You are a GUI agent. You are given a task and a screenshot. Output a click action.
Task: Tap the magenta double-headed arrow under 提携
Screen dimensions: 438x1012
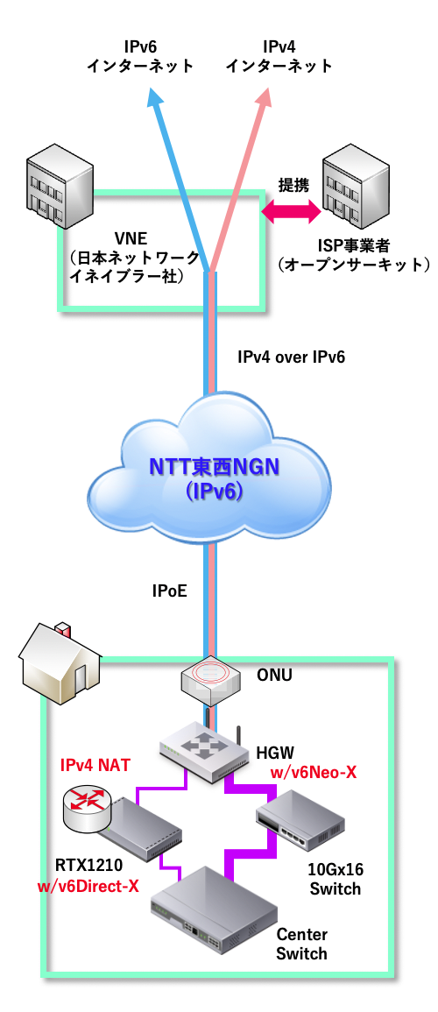coord(291,209)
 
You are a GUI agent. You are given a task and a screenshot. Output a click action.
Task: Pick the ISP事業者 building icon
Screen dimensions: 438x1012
coord(356,183)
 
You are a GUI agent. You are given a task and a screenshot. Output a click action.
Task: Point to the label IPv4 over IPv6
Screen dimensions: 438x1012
coord(292,357)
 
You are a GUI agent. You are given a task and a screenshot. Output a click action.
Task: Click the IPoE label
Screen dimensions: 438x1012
coord(170,590)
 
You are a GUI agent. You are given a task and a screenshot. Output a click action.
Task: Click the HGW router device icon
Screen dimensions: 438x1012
coord(205,750)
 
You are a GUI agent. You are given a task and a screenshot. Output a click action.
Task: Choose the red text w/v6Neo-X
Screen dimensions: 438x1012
coord(313,773)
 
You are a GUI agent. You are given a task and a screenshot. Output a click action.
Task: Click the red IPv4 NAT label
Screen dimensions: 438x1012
coord(95,766)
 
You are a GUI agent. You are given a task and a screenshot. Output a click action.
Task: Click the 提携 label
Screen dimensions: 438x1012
coord(293,186)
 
